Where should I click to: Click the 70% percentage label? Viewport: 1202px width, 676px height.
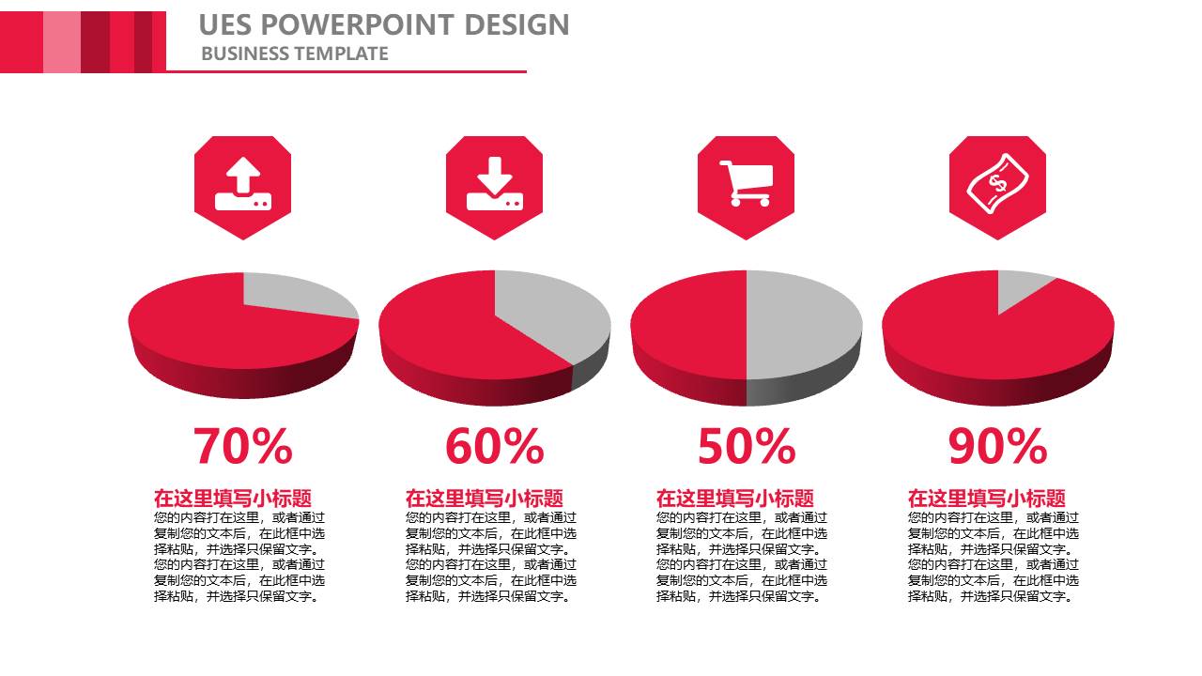click(242, 446)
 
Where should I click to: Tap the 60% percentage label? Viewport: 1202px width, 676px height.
click(494, 446)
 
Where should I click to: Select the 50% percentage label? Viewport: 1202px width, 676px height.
click(747, 446)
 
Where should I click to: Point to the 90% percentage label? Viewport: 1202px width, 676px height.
click(997, 446)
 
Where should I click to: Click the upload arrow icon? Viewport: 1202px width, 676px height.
click(243, 183)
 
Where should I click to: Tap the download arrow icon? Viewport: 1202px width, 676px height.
click(495, 183)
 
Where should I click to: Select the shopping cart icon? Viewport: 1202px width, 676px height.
click(747, 183)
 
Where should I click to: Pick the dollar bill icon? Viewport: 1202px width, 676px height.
click(997, 183)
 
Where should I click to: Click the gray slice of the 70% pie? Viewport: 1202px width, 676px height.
click(295, 294)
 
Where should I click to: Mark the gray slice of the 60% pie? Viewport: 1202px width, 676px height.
click(553, 311)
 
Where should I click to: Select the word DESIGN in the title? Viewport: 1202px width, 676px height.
click(516, 24)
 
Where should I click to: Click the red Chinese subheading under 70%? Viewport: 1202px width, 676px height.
click(233, 499)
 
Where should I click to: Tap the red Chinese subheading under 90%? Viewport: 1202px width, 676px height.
click(986, 499)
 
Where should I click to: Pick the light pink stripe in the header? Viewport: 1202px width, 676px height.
click(62, 42)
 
